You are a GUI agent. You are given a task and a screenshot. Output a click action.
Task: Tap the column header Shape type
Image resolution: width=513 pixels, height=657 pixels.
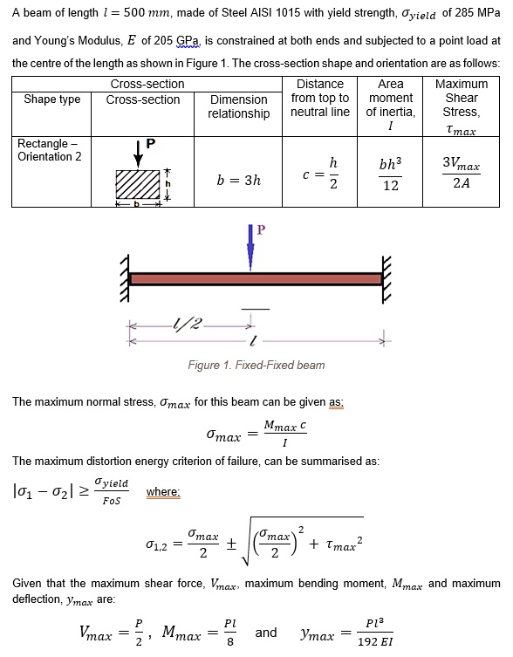point(51,99)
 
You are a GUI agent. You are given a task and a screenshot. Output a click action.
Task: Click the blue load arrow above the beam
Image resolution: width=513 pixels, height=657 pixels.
point(251,249)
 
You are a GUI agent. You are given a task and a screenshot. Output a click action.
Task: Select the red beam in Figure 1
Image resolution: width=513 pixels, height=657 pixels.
point(255,279)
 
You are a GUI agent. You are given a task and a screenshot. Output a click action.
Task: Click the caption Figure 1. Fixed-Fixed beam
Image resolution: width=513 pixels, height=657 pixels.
point(255,365)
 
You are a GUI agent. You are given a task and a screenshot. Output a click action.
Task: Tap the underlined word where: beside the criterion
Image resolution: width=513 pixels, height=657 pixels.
point(163,492)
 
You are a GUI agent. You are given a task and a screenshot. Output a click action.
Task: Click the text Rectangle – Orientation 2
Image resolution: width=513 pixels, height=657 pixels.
point(51,149)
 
